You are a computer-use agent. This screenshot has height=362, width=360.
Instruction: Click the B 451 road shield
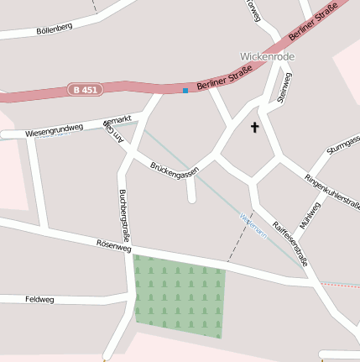coord(86,90)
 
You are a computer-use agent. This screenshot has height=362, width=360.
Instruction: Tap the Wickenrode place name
coord(268,56)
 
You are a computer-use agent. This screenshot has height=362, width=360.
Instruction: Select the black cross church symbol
coord(255,128)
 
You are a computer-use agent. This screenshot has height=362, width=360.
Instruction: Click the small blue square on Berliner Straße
coord(185,90)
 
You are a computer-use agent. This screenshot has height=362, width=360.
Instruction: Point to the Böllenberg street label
coord(55,29)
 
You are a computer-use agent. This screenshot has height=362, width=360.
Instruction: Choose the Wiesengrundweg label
coord(55,130)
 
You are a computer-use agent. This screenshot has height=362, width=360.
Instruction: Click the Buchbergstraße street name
coord(124,215)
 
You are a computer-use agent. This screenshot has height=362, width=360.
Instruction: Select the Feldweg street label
coord(39,299)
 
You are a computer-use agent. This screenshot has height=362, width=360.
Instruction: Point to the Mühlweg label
coord(309,215)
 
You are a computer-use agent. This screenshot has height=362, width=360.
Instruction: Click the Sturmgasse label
coord(343,144)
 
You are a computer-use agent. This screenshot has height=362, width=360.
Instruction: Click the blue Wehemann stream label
coord(253,225)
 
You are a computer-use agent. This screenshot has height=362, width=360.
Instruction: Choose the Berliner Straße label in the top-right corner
coord(312,24)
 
